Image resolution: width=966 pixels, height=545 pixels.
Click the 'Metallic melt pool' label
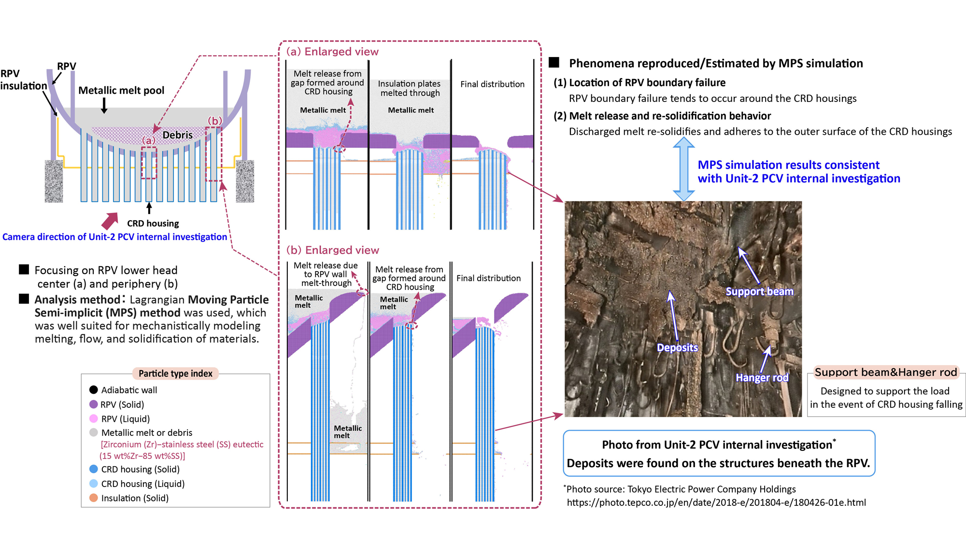pos(121,90)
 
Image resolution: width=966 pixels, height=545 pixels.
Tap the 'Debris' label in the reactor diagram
pos(177,135)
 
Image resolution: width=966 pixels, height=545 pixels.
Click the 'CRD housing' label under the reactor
pos(153,223)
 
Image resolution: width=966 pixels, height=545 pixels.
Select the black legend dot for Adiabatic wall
pos(94,390)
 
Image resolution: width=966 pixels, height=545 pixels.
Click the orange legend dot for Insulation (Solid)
pos(94,498)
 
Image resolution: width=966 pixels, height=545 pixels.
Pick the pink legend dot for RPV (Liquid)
pos(94,418)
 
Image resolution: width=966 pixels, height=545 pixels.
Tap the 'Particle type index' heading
pos(175,373)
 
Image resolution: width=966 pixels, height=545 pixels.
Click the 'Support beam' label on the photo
pos(759,291)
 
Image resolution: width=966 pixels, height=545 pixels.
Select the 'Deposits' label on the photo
pos(677,347)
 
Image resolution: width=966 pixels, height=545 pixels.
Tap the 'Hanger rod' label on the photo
pos(762,377)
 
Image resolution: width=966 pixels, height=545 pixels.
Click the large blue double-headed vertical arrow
pos(683,169)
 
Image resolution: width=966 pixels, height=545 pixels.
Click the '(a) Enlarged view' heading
pos(332,52)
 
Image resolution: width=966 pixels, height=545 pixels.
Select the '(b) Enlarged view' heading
pos(332,250)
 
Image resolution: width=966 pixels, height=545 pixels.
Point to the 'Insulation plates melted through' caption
pos(410,88)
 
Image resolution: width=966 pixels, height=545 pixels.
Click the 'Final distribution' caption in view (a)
pos(492,84)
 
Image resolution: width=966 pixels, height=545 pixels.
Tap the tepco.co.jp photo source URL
pos(716,502)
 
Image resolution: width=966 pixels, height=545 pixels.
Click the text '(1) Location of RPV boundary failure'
pos(639,83)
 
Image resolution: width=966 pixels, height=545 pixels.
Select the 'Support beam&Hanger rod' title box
pos(885,372)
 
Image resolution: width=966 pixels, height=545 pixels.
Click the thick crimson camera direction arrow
pos(110,220)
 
